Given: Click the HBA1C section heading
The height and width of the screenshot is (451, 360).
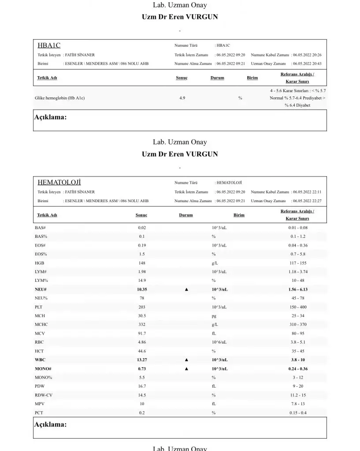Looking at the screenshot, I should [x=49, y=45].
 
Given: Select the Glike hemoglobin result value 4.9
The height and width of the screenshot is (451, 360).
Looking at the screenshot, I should [x=182, y=98].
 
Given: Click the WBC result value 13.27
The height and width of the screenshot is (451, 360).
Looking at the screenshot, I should [x=141, y=360].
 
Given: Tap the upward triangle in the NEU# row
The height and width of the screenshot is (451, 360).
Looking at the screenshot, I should [x=186, y=289].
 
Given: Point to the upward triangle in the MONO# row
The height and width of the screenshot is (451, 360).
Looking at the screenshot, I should [x=186, y=369].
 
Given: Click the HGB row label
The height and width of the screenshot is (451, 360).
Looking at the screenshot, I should [x=39, y=263].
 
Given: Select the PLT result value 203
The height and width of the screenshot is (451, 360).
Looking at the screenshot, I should [x=141, y=307].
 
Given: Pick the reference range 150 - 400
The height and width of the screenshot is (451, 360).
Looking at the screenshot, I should [x=297, y=307].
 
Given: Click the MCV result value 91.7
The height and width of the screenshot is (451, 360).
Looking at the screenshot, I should [x=141, y=333].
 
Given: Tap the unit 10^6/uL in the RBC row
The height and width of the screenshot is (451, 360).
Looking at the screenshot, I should [x=219, y=342].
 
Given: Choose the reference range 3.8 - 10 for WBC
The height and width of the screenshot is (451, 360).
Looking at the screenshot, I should [x=297, y=360].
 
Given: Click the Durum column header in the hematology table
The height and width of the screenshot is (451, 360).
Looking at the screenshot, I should [x=186, y=215].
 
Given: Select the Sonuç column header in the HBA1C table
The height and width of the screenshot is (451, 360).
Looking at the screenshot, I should [x=182, y=78].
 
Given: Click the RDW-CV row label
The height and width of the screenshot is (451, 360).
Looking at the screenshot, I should [x=44, y=395].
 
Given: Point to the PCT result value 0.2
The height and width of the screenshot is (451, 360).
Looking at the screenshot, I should [x=141, y=413].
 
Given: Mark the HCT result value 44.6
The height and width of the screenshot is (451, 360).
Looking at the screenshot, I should [x=141, y=351].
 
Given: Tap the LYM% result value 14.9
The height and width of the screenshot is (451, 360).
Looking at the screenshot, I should [x=141, y=281].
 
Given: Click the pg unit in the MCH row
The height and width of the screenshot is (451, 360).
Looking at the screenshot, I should [x=214, y=316].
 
